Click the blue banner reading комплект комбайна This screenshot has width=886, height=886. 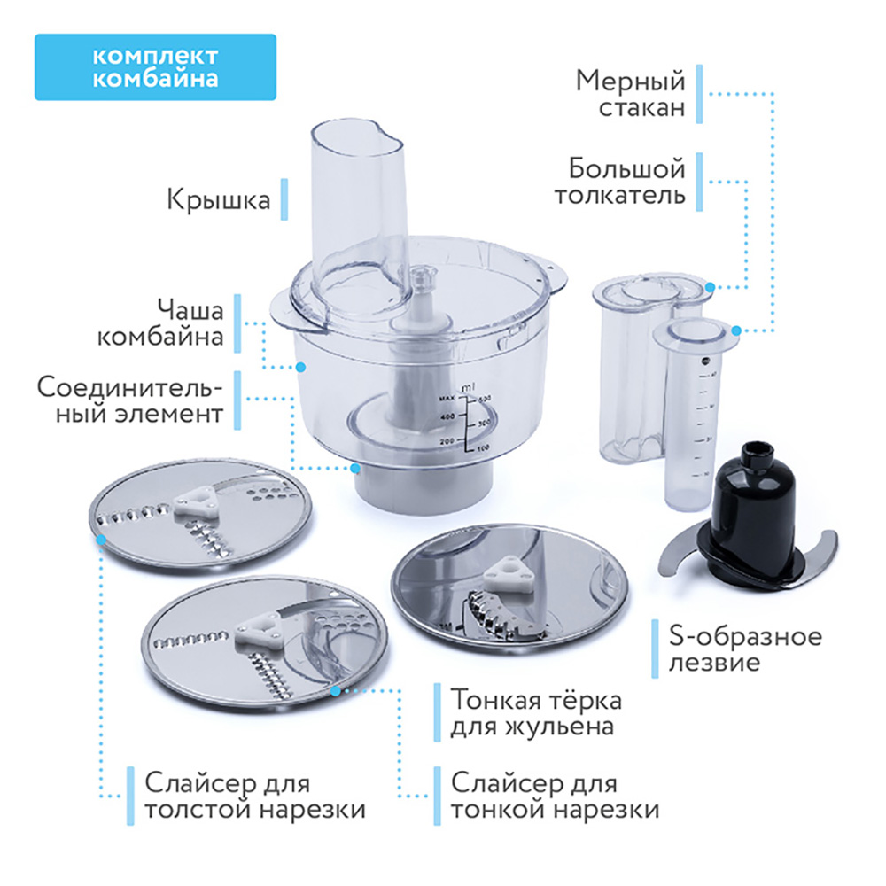[155, 67]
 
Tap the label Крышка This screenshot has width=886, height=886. [218, 200]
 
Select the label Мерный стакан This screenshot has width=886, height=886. [630, 94]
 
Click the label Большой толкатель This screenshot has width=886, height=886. [620, 182]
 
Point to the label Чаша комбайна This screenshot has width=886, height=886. [160, 323]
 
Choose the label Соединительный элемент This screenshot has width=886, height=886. [130, 400]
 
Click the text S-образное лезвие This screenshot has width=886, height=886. [745, 649]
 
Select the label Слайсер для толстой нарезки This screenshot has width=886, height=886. [255, 797]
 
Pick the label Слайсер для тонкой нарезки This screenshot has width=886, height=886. [555, 797]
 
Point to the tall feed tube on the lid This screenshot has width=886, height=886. [359, 214]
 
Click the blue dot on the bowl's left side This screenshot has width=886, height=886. [301, 368]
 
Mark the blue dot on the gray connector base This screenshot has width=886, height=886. [355, 469]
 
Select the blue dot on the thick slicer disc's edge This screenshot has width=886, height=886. [101, 540]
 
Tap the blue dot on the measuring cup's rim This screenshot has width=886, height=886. [735, 330]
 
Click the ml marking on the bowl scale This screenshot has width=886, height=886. [468, 388]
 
